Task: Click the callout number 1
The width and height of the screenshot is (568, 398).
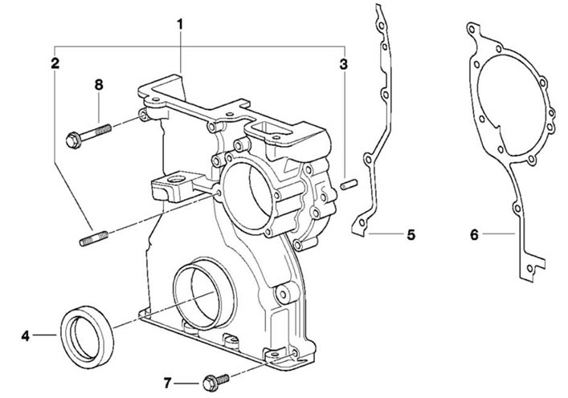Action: (180, 25)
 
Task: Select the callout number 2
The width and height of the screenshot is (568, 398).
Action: (55, 63)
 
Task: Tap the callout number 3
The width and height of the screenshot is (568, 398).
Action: (343, 64)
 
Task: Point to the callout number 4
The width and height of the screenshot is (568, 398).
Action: (25, 335)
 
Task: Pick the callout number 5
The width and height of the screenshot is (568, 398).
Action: (411, 235)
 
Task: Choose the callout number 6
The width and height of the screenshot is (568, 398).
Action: (474, 235)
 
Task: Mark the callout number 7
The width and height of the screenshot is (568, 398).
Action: (167, 383)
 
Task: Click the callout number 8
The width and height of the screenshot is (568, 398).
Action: (99, 85)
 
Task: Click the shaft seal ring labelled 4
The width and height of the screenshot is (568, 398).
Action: (87, 338)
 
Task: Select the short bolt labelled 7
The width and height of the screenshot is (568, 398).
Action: (216, 382)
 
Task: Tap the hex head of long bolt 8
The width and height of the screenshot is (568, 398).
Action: (74, 140)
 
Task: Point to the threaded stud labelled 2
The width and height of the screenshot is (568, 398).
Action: (94, 238)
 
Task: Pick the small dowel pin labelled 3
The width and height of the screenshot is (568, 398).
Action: (349, 184)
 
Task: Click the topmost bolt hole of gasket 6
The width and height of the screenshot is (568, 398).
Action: (472, 29)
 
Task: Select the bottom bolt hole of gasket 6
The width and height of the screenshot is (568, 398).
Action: (529, 269)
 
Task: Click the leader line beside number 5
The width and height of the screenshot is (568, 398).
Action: (385, 234)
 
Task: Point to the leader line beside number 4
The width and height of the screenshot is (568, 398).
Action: (44, 335)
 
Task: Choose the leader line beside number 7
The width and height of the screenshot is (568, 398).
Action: (186, 383)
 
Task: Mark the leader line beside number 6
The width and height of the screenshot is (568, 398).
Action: (498, 234)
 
